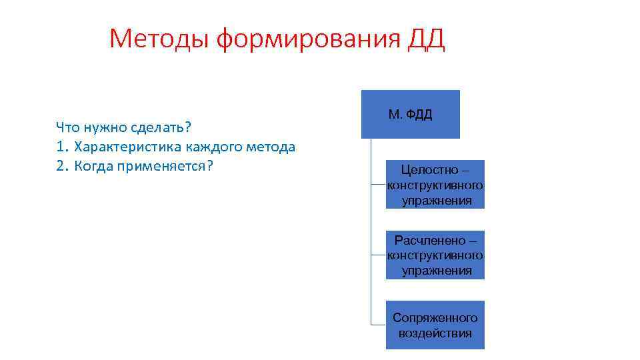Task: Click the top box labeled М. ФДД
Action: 410,114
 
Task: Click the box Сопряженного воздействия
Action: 435,325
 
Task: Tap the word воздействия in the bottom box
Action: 435,333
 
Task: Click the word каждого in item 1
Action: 201,147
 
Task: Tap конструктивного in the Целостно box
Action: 435,185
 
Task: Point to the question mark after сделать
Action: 189,127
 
